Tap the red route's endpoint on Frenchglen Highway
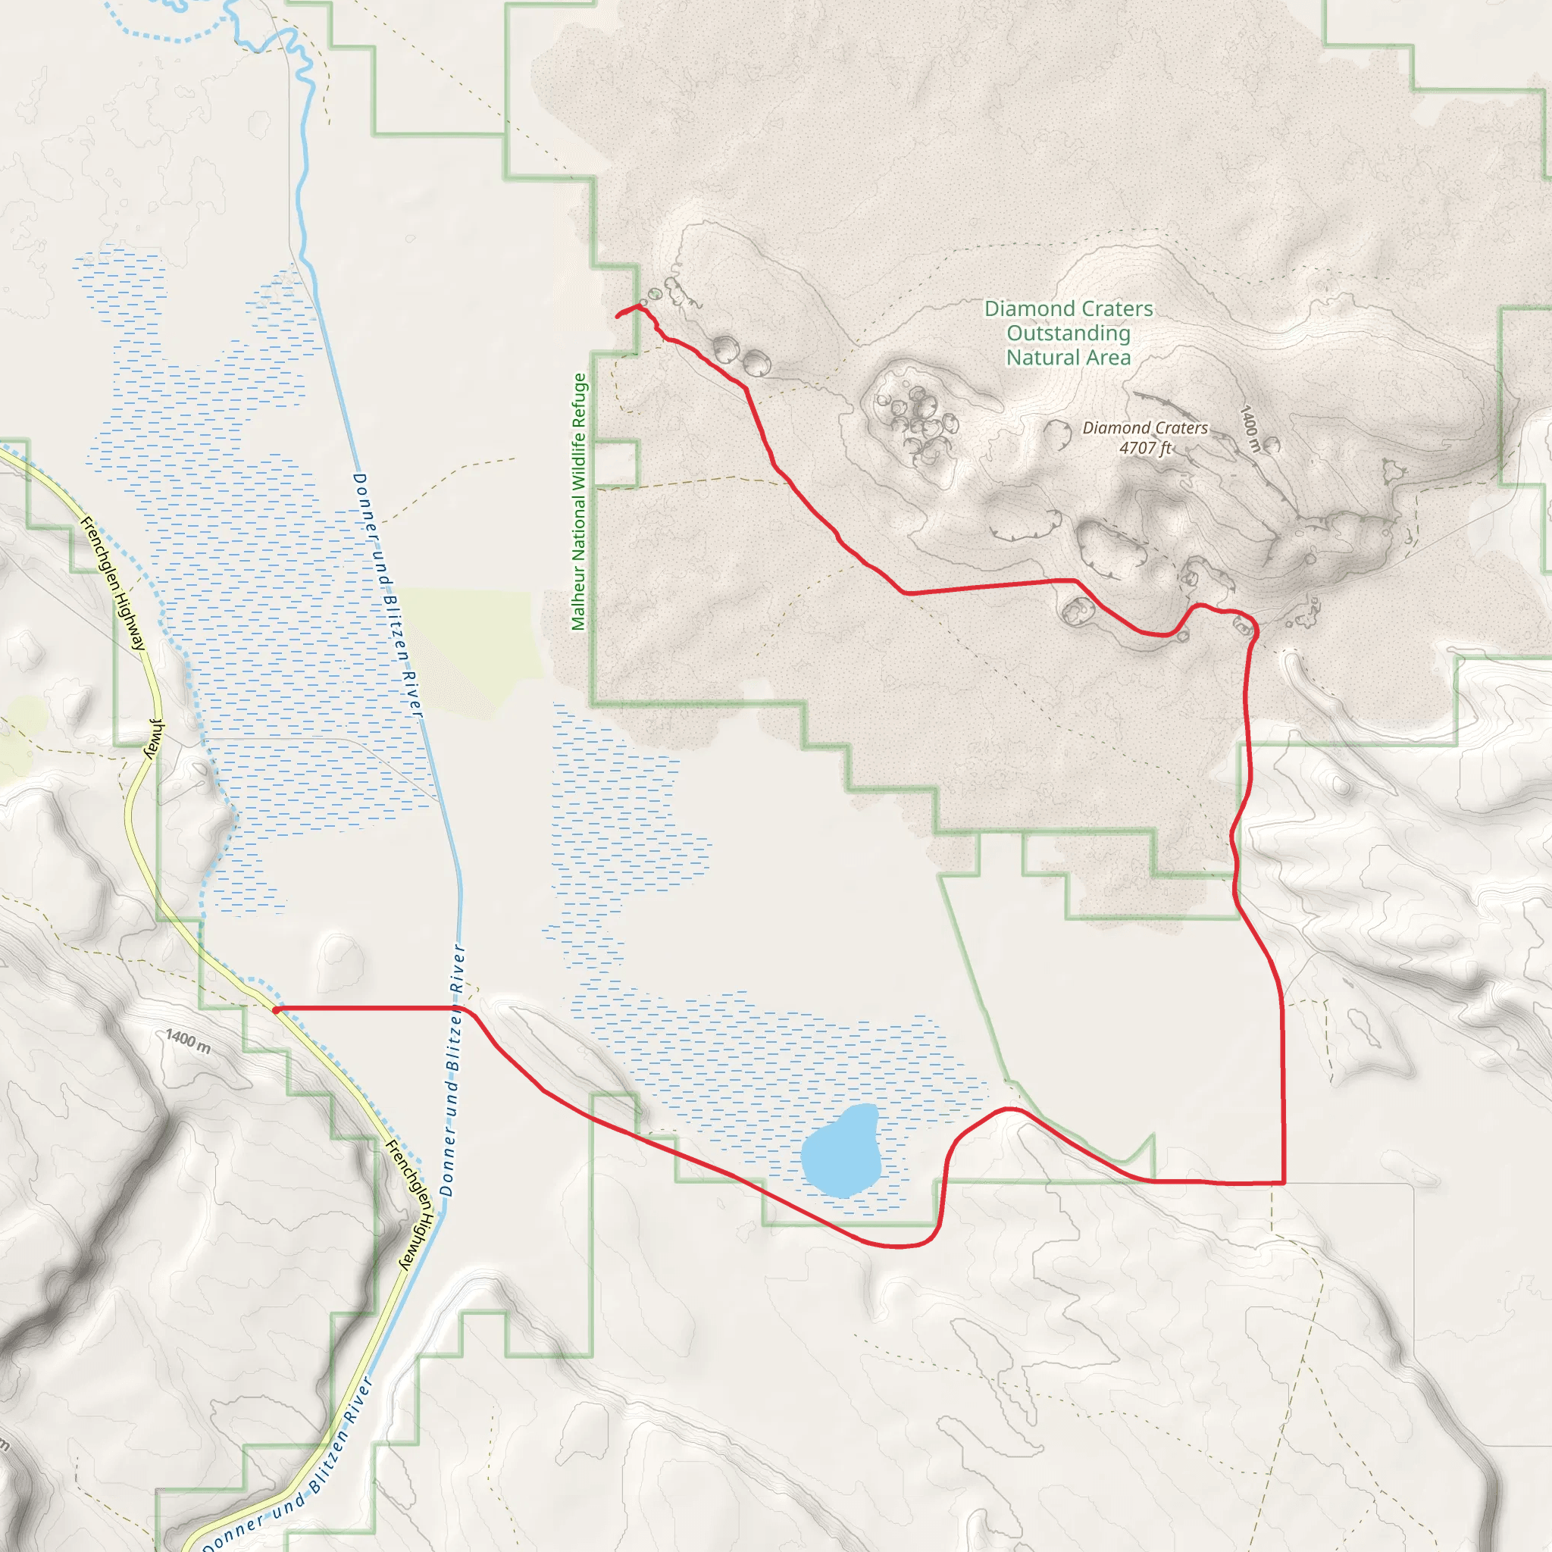(276, 1009)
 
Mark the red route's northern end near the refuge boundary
(617, 317)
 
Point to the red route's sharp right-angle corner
(1284, 1183)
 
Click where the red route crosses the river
(458, 1007)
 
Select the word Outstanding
(1069, 333)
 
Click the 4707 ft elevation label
(1146, 447)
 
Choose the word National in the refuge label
(578, 524)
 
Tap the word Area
(1109, 358)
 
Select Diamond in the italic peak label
(1115, 428)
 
